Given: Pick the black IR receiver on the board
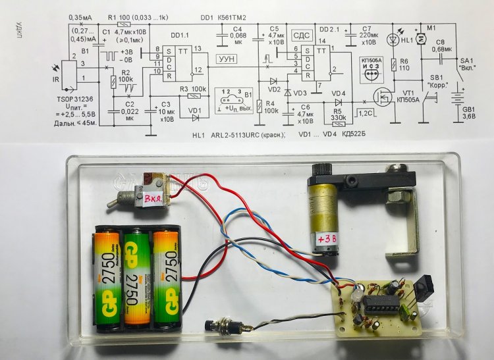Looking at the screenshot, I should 422,290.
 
